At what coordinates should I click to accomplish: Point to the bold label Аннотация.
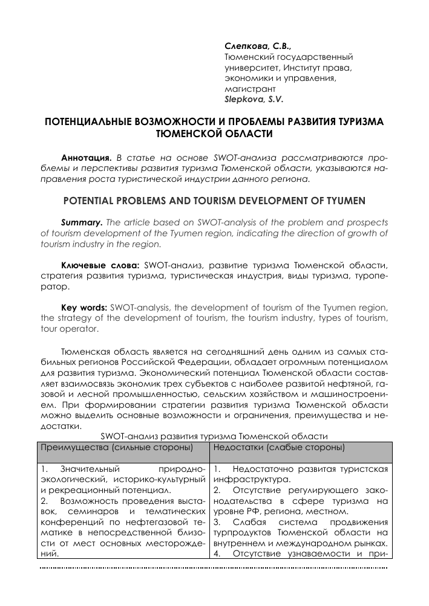click(x=87, y=157)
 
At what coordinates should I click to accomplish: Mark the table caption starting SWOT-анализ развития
click(x=214, y=435)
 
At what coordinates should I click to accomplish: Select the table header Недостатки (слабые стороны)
click(x=280, y=448)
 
